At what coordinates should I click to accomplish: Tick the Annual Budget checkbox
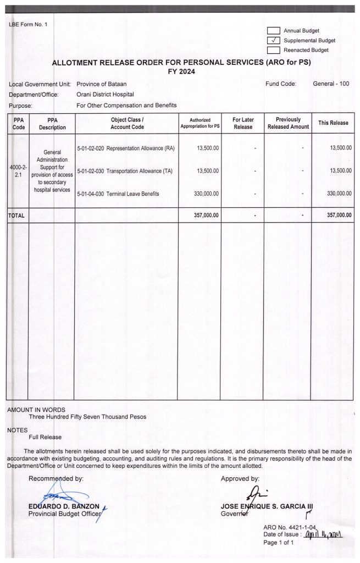[x=274, y=31]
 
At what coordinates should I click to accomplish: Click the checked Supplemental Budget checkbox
[x=274, y=40]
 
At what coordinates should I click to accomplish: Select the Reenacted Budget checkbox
[x=274, y=50]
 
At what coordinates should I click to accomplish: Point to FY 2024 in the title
[x=181, y=71]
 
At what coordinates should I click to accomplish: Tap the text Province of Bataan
[x=101, y=84]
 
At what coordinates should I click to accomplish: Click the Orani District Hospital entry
[x=105, y=95]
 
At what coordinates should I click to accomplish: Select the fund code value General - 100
[x=331, y=84]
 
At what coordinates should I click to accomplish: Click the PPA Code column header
[x=16, y=123]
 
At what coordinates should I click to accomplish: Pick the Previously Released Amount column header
[x=288, y=123]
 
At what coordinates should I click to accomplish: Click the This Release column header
[x=333, y=123]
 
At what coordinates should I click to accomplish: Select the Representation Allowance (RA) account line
[x=126, y=148]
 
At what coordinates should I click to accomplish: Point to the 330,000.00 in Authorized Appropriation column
[x=208, y=194]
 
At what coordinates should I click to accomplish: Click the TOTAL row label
[x=16, y=216]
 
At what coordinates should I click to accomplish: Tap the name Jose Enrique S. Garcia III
[x=267, y=506]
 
